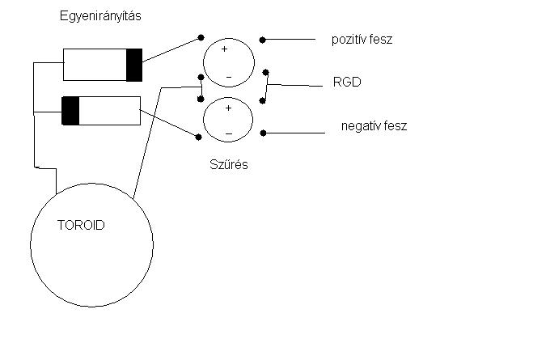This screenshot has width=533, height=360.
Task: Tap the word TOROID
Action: point(81,226)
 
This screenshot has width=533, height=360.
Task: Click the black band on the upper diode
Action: point(133,65)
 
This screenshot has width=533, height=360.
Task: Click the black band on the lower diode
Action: point(70,110)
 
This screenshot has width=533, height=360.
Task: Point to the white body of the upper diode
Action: point(94,65)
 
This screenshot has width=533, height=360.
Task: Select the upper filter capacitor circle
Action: point(228,63)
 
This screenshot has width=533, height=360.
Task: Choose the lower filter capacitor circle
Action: point(228,120)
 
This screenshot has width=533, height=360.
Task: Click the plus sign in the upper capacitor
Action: point(225,49)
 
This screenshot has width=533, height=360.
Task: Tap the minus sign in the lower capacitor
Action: point(228,133)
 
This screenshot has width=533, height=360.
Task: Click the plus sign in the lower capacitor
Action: point(227,107)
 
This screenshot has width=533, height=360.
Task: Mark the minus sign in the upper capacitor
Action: point(228,78)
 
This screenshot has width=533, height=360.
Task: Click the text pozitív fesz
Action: point(362,39)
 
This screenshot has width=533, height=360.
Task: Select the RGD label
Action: point(345,83)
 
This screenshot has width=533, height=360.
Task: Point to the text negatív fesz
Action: point(374,125)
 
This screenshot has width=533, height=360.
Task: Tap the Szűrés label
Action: point(228,165)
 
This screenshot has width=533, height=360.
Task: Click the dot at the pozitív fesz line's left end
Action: point(263,39)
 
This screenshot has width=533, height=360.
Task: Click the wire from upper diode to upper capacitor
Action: point(171,50)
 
